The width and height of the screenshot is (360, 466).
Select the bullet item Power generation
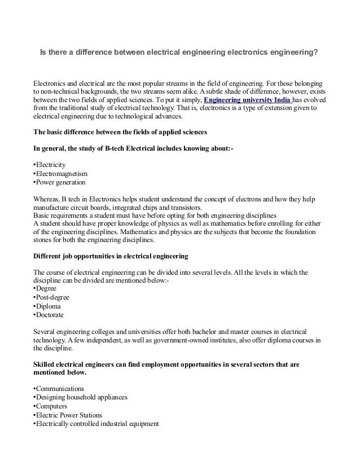(x=60, y=182)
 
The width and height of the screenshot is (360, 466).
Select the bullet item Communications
(x=60, y=389)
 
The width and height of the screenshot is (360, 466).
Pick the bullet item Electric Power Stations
(x=69, y=415)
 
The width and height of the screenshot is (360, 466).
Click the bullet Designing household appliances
(x=81, y=397)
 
